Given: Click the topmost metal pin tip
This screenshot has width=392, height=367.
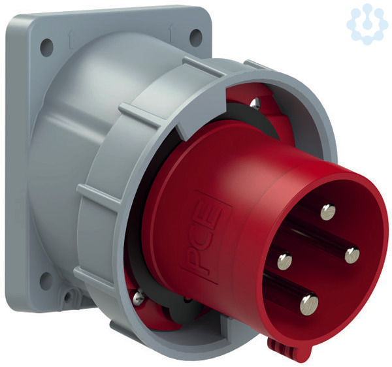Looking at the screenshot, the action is click(x=328, y=212).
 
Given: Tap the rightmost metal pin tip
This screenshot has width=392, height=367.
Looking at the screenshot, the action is click(x=352, y=255).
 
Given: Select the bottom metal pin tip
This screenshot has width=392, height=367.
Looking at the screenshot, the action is click(x=309, y=304).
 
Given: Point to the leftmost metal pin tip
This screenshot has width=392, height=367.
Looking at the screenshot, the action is click(x=284, y=261).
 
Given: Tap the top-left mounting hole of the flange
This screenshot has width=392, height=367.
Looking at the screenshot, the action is click(x=47, y=47).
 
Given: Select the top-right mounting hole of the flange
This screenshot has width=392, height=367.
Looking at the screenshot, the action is click(x=195, y=37).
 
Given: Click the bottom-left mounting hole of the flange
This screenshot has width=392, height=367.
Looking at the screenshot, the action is click(x=46, y=281).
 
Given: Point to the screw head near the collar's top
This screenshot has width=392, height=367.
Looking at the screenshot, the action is click(x=255, y=103).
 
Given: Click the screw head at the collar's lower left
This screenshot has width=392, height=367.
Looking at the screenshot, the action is click(x=139, y=297).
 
